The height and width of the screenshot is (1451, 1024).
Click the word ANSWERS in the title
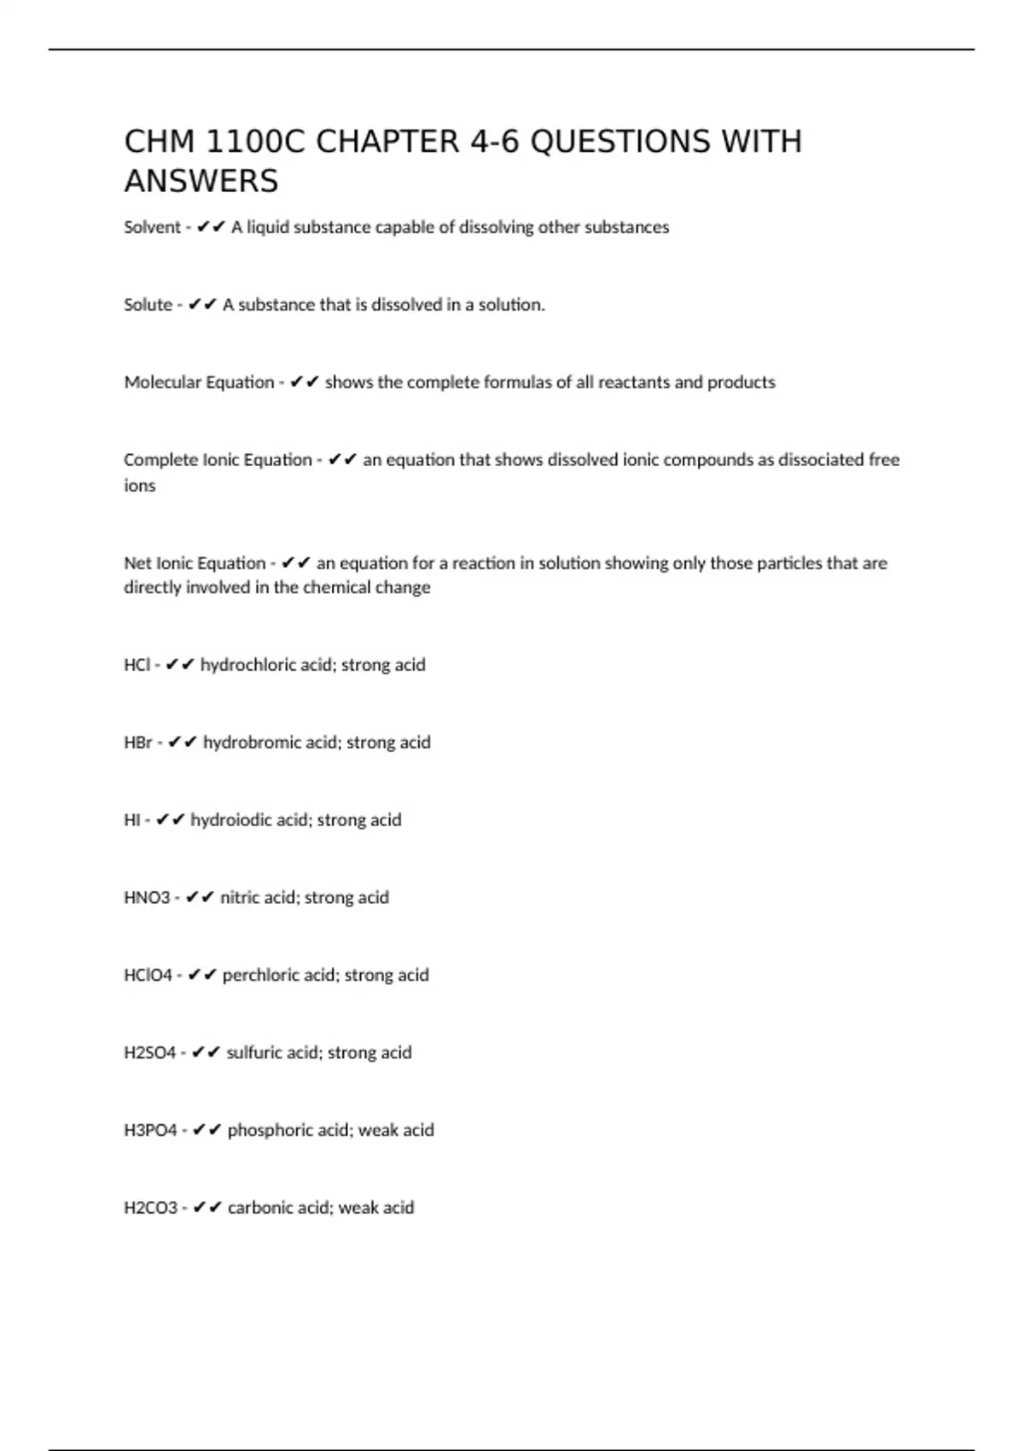(201, 181)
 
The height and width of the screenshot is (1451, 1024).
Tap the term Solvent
(152, 227)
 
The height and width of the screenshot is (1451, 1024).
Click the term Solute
(148, 305)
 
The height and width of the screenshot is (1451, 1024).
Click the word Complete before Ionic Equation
(160, 460)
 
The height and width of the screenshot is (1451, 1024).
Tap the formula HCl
(137, 665)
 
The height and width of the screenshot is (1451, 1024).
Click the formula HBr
(138, 743)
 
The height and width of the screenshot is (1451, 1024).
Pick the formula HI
(132, 820)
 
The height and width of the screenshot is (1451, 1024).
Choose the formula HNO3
(147, 898)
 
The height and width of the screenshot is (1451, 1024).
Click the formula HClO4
(148, 976)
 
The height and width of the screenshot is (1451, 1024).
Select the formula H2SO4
(150, 1053)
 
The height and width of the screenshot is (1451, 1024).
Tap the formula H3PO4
(150, 1131)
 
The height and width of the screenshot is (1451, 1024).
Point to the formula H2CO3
(151, 1209)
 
